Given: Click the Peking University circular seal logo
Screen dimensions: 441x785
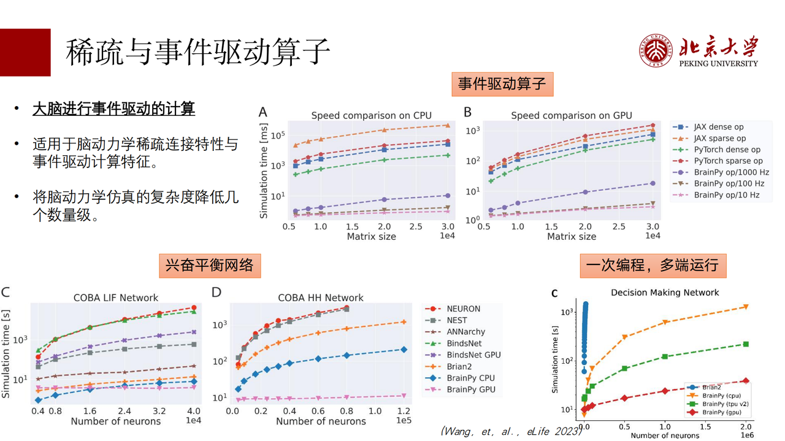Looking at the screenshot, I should tap(656, 50).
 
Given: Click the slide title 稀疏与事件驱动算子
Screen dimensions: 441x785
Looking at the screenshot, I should tap(197, 52).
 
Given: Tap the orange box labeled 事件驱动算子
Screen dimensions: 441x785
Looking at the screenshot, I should tap(502, 84).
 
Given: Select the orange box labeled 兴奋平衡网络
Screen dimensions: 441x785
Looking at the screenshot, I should tap(210, 266).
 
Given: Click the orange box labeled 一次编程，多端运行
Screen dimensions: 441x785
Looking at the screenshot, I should tap(652, 266).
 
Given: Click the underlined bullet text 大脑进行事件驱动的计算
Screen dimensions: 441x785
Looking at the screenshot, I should tap(113, 109).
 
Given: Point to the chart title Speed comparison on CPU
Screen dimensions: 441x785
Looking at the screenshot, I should tap(371, 115).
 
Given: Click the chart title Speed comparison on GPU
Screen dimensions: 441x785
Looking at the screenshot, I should tap(571, 115).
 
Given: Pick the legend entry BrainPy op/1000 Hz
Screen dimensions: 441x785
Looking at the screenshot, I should tap(731, 172).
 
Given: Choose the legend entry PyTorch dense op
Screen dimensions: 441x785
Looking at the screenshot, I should tap(727, 150).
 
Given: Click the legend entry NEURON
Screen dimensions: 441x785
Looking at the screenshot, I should tap(463, 309).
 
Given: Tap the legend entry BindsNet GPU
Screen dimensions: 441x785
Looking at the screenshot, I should tap(473, 355).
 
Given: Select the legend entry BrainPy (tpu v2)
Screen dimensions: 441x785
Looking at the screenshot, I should tap(725, 404).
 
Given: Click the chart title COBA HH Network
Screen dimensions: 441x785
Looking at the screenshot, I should tap(320, 297).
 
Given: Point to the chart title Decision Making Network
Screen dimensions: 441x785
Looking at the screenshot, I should tap(665, 293).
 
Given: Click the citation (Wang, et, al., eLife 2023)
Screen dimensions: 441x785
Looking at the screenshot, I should tap(511, 431).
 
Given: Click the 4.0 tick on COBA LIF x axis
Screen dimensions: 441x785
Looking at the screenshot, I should tap(194, 410).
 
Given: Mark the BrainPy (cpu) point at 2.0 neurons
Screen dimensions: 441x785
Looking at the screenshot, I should tap(746, 307).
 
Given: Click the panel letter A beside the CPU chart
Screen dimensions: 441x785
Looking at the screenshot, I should tap(263, 112).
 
